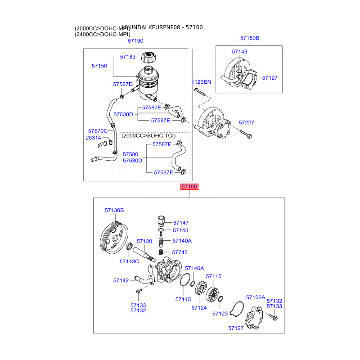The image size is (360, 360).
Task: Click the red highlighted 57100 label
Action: pyautogui.click(x=189, y=187)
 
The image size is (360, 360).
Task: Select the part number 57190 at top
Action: pyautogui.click(x=135, y=41)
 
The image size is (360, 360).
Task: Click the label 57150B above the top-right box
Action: pyautogui.click(x=249, y=38)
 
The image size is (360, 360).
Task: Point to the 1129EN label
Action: pyautogui.click(x=201, y=82)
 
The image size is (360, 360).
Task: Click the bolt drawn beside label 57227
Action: pyautogui.click(x=246, y=133)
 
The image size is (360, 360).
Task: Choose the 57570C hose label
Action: pyautogui.click(x=98, y=130)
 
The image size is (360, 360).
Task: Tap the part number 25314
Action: pyautogui.click(x=93, y=138)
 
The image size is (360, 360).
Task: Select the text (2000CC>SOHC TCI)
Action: pyautogui.click(x=155, y=135)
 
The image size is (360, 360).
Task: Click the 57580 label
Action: pyautogui.click(x=130, y=154)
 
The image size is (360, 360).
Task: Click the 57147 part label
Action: pyautogui.click(x=181, y=223)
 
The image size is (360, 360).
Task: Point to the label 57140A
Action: pyautogui.click(x=182, y=241)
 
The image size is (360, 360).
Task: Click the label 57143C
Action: pyautogui.click(x=130, y=261)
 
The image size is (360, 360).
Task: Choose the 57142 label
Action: pyautogui.click(x=121, y=280)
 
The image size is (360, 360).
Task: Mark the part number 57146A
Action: pyautogui.click(x=194, y=268)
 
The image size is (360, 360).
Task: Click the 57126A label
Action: pyautogui.click(x=256, y=297)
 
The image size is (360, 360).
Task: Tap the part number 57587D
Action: pyautogui.click(x=123, y=84)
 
